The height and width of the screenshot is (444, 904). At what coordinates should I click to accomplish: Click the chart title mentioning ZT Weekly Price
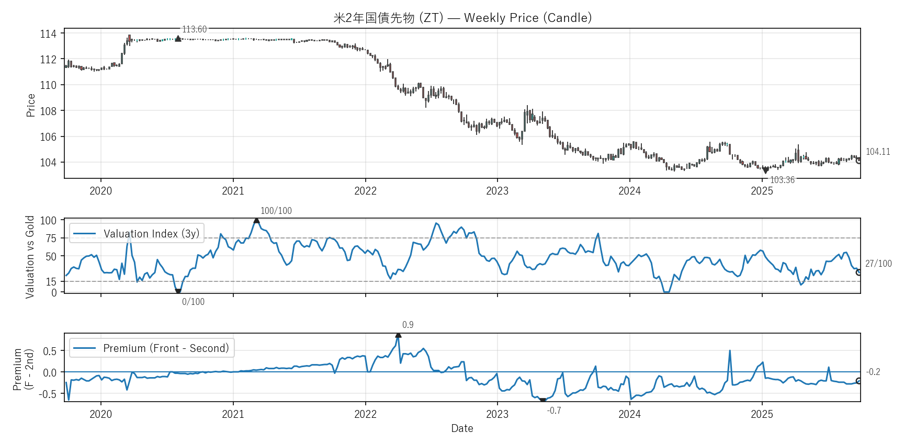coord(462,18)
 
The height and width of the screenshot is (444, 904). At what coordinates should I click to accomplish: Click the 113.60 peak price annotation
coord(194,29)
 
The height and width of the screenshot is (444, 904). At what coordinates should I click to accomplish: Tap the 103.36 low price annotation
coord(782,180)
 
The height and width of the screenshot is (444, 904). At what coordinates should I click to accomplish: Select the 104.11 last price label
coord(877,152)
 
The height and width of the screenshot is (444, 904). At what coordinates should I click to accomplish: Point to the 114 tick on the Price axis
coord(48,34)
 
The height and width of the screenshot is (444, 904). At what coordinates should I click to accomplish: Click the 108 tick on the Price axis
coord(48,111)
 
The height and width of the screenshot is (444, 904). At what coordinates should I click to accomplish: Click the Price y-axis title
coord(31,105)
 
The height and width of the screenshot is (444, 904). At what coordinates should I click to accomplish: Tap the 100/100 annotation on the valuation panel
coord(276,211)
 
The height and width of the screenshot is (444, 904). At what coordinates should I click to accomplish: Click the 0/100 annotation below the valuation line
coord(193,302)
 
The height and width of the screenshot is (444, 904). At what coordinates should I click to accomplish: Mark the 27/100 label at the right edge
coord(878,264)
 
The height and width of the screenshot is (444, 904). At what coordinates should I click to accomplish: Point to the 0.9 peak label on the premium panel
coord(408,325)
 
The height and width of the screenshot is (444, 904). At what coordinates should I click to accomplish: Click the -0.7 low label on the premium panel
coord(554,411)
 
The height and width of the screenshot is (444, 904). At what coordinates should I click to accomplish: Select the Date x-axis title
coord(462,428)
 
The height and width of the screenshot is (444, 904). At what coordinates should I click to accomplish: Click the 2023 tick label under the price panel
coord(497,191)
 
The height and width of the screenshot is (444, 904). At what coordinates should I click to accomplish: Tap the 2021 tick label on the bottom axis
coord(233,414)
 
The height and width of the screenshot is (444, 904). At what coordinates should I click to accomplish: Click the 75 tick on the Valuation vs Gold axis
coord(51,238)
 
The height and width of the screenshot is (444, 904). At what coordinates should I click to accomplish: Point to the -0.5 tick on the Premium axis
coord(48,394)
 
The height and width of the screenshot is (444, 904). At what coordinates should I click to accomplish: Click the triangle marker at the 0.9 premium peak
coord(398,335)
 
